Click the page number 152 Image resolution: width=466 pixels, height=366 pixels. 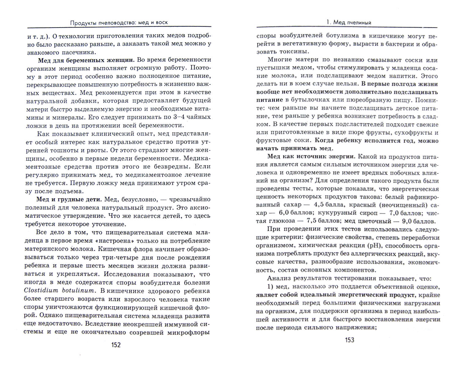tap(116, 345)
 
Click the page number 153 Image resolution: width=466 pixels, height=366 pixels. tap(349, 340)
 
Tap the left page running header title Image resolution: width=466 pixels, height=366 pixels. tap(119, 22)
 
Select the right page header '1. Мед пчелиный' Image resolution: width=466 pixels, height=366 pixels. tap(349, 22)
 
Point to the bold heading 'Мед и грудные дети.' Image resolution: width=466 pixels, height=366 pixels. tap(69, 200)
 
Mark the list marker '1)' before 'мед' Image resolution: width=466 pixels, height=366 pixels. tap(271, 287)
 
